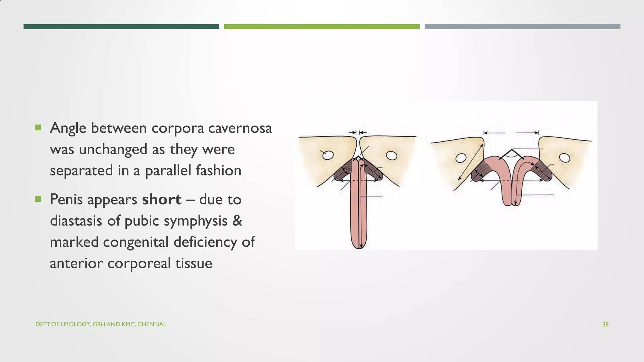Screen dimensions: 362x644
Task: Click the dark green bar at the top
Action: point(121,27)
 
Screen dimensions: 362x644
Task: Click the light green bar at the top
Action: point(322,27)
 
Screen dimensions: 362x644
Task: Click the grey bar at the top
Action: point(522,27)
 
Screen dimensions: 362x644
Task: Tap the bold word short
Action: point(162,199)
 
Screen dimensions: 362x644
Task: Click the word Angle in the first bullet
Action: point(68,128)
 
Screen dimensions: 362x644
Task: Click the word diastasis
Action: point(76,221)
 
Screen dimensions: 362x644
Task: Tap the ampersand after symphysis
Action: point(237,221)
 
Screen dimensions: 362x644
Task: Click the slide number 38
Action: point(605,324)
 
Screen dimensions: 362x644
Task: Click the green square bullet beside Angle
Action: point(38,128)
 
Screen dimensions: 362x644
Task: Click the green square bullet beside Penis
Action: point(38,199)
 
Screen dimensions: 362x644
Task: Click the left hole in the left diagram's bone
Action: point(328,155)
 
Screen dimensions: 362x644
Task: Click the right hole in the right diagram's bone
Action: point(565,158)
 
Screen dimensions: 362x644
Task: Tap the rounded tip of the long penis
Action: point(358,245)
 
